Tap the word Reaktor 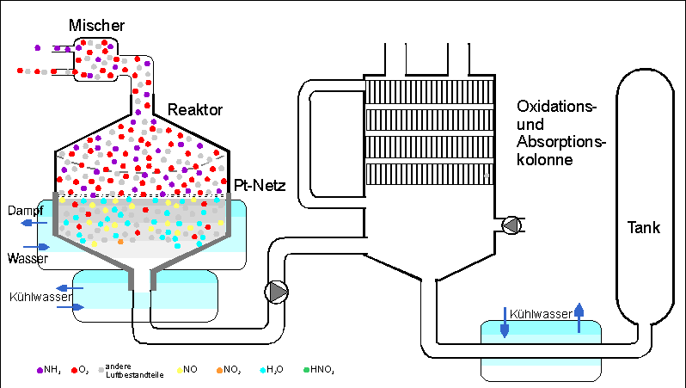pyautogui.click(x=195, y=110)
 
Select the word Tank pyautogui.click(x=643, y=228)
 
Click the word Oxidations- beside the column pyautogui.click(x=556, y=106)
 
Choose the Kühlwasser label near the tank pyautogui.click(x=540, y=314)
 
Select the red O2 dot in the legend pyautogui.click(x=76, y=370)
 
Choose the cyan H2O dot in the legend pyautogui.click(x=262, y=370)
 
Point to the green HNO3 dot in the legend pyautogui.click(x=305, y=370)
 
